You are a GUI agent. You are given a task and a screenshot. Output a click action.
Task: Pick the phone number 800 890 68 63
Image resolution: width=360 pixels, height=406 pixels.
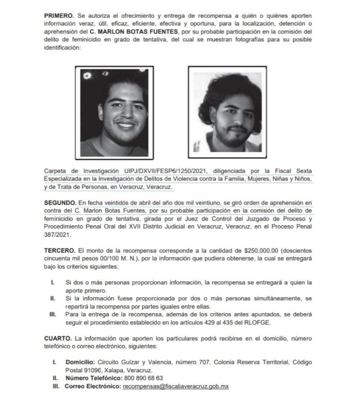[x=143, y=378]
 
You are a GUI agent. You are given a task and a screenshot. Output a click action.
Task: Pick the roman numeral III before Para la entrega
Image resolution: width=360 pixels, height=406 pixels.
[x=52, y=313]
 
